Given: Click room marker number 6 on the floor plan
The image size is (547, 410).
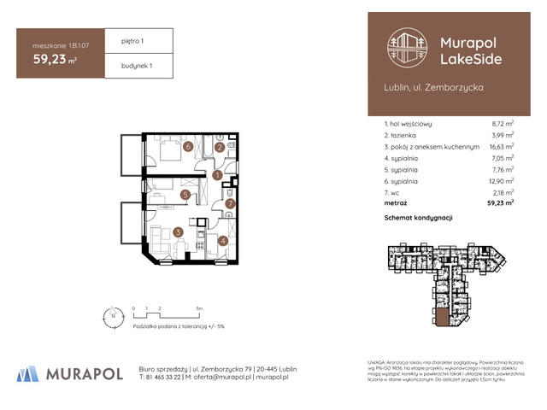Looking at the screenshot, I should point(187,146).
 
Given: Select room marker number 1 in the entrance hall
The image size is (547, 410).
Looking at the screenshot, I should point(217,176).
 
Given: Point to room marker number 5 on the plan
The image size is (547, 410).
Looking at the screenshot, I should point(185,196).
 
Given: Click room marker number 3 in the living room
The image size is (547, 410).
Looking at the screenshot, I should point(178,231).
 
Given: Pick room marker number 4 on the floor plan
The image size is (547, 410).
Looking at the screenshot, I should point(224,241).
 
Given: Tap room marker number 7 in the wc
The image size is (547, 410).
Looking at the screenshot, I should point(229,203).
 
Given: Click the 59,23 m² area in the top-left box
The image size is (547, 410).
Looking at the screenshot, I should point(56,61).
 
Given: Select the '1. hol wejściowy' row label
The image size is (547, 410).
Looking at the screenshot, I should point(414,124).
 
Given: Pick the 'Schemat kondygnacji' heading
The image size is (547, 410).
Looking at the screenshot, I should point(419,219).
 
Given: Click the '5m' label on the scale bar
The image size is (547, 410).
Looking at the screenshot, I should point(198,307).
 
